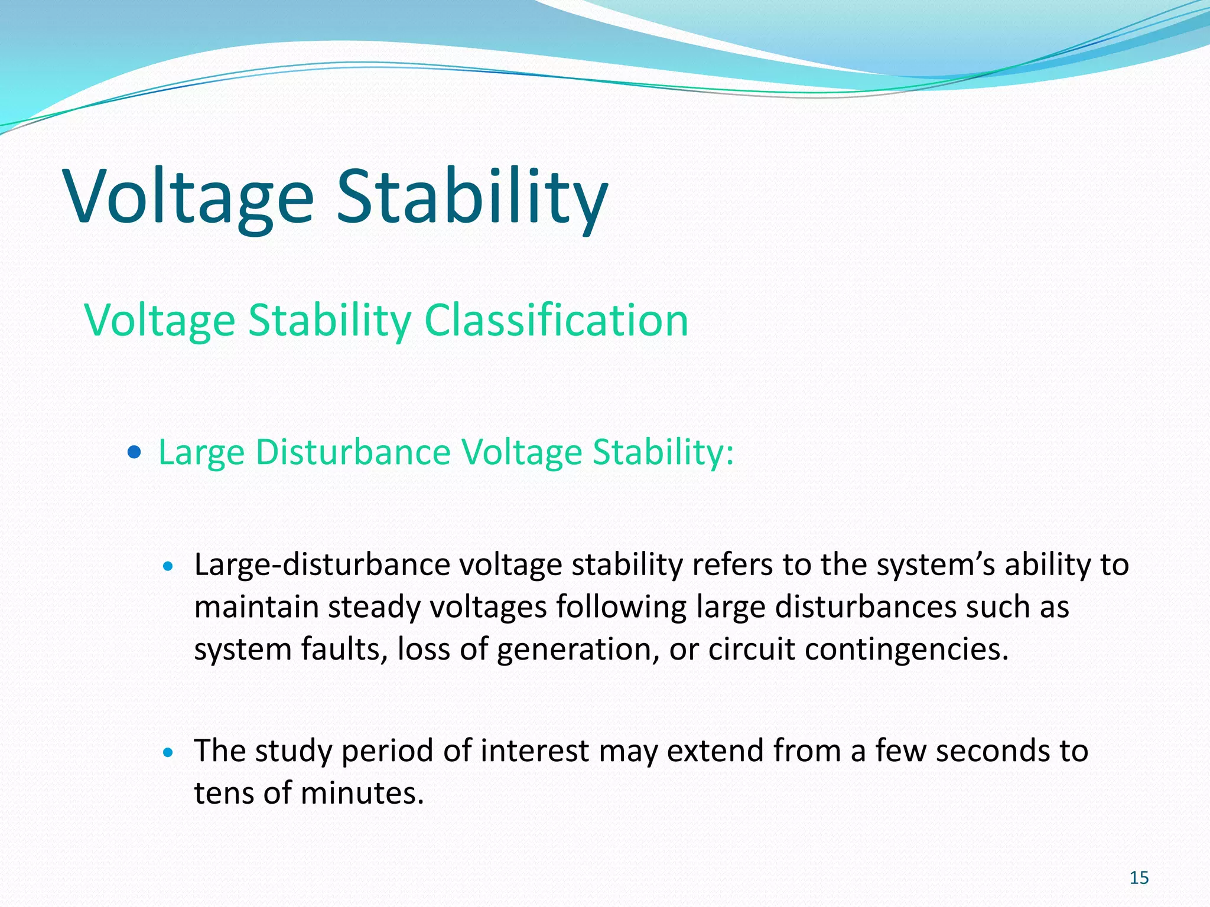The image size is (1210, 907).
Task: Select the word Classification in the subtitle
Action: click(556, 320)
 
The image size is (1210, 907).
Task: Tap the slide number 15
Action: click(1139, 878)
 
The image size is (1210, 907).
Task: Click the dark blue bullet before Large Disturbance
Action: click(135, 453)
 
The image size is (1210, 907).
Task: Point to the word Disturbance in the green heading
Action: click(353, 453)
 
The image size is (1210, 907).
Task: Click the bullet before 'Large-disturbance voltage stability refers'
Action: click(168, 566)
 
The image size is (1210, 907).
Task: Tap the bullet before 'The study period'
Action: click(168, 752)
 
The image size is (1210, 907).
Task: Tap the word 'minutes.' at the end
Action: click(362, 793)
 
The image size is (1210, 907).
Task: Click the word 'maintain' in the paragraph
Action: click(256, 608)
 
